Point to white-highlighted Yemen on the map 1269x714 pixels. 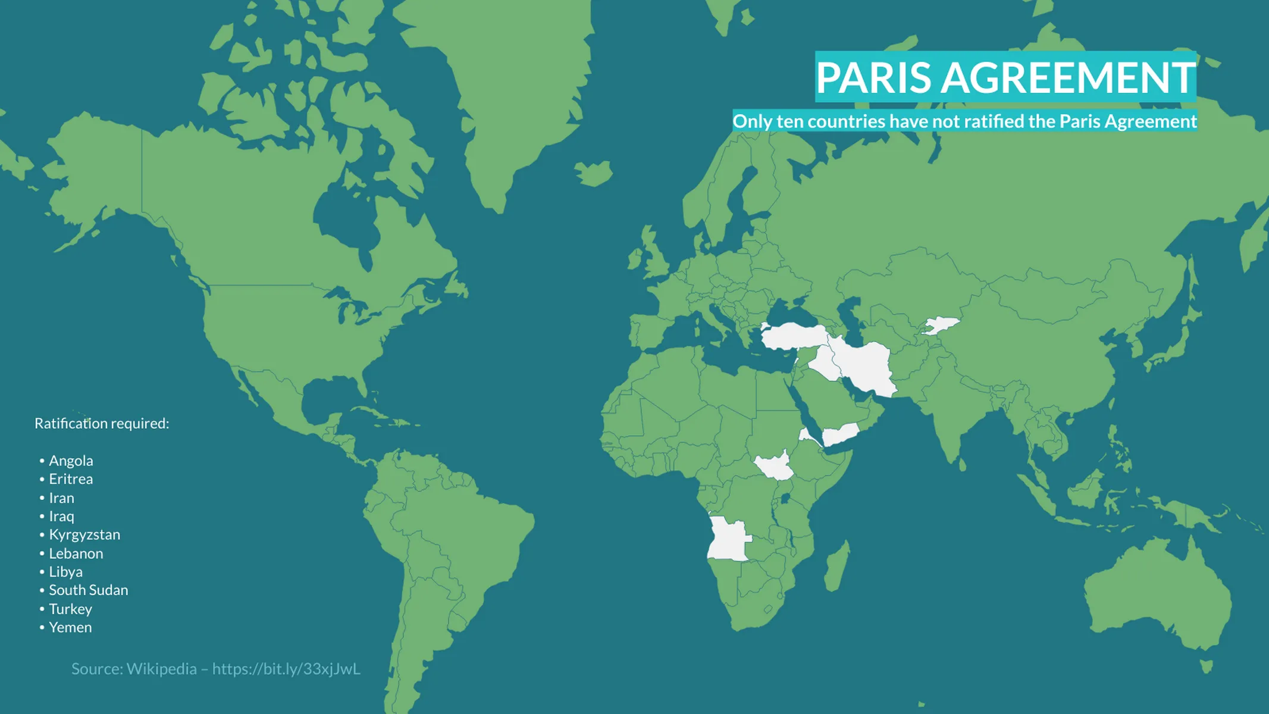click(x=840, y=435)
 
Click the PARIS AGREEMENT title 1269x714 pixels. click(x=1005, y=77)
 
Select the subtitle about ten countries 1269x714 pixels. click(x=964, y=121)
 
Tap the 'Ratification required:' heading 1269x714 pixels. click(x=102, y=424)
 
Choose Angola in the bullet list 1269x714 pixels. click(x=71, y=461)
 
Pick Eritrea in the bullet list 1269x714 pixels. click(x=71, y=479)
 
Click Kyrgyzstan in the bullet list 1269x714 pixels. click(x=84, y=535)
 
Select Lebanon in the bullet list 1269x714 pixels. click(x=76, y=553)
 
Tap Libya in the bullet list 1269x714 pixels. click(x=65, y=572)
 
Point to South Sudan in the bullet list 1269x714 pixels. click(x=88, y=590)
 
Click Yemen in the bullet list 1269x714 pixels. click(x=70, y=627)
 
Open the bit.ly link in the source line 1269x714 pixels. click(x=286, y=669)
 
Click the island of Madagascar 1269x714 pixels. click(x=837, y=565)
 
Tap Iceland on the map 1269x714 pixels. click(x=594, y=173)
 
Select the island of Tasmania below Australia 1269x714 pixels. click(x=1207, y=665)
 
